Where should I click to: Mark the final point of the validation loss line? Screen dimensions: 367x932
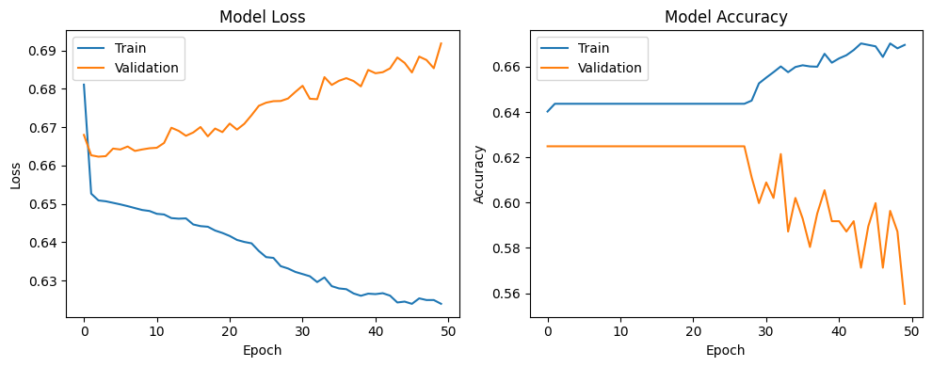point(441,43)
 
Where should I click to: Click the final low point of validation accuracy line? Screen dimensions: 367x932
point(904,303)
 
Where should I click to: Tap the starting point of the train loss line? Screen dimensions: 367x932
point(84,85)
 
